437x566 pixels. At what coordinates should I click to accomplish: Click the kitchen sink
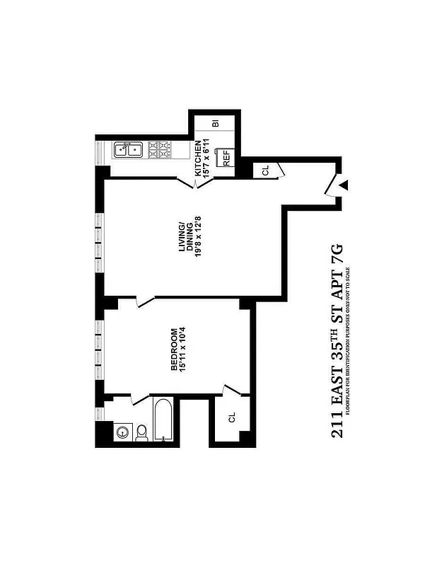point(128,149)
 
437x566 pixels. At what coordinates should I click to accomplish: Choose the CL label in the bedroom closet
point(232,417)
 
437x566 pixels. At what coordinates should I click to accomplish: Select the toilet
point(141,432)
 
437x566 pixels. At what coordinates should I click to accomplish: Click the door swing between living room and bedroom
point(146,302)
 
